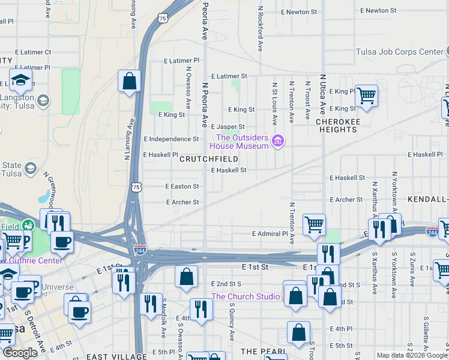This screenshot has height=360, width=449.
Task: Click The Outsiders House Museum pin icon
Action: (x=277, y=142)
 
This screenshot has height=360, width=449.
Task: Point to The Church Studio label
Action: (x=245, y=296)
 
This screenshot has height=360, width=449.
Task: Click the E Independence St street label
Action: (x=178, y=139)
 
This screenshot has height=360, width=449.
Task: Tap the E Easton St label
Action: (x=182, y=187)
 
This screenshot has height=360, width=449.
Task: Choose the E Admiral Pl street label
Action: (x=270, y=233)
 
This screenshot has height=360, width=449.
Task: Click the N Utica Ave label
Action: (x=323, y=94)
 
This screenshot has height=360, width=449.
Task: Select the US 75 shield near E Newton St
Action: (x=163, y=20)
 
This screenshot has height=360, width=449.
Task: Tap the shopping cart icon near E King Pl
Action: (x=366, y=95)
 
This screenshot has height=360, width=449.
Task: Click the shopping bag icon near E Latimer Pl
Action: (x=129, y=81)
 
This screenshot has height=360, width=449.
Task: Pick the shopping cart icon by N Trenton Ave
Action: (x=314, y=225)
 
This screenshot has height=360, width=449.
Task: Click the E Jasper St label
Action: (x=228, y=127)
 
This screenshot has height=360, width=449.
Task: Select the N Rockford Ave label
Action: (x=261, y=28)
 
